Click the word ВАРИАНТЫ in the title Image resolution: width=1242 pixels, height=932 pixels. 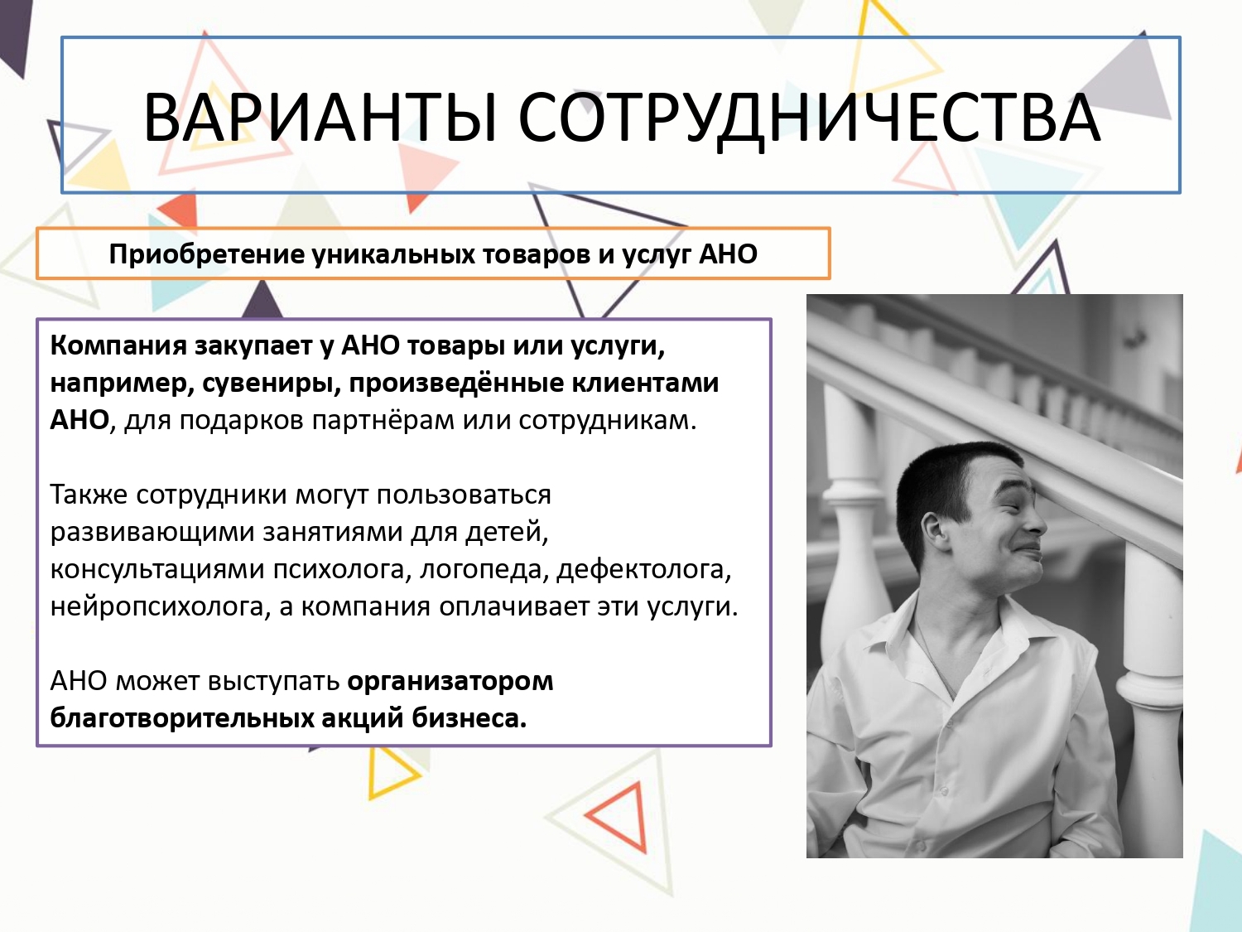coord(320,118)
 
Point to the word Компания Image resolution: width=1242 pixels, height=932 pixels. coord(118,345)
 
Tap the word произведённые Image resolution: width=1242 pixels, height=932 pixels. coord(456,383)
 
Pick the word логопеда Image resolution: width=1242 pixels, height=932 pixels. coord(484,569)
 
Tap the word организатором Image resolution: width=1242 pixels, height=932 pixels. coord(450,681)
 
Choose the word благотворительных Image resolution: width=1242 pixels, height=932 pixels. coord(181,718)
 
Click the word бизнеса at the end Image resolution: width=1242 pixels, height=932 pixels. coord(469,718)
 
